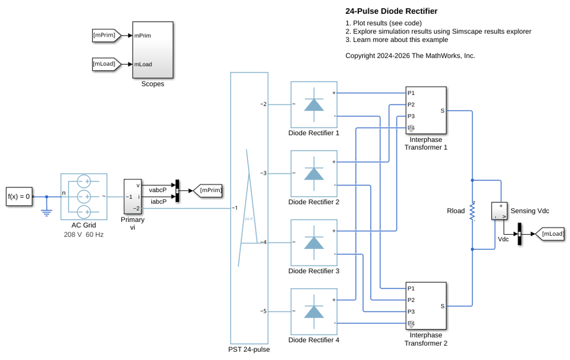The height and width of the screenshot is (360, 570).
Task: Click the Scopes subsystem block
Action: coord(152,50)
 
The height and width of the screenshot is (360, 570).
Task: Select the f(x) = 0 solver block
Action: coord(19,197)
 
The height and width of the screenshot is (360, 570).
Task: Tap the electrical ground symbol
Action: coord(47,212)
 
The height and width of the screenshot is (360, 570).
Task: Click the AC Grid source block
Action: coord(83,197)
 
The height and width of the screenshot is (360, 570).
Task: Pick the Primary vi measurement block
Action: coord(133,197)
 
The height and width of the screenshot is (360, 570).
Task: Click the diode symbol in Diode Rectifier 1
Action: coord(313,105)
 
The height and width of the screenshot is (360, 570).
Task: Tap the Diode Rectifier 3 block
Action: coord(313,243)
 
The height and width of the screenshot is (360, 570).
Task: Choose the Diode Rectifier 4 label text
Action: coord(313,340)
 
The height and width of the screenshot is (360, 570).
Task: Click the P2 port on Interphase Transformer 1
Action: coord(411,105)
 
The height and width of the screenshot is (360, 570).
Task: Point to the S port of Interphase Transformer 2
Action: coord(442,306)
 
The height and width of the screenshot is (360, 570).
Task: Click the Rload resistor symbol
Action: coord(472,211)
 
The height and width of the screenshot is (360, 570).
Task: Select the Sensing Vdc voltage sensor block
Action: coord(499,211)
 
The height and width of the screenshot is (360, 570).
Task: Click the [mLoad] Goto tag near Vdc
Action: coord(550,234)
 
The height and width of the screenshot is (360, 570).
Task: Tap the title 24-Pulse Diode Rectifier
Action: coord(391,12)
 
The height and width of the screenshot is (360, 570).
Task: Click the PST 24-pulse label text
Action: coord(249,350)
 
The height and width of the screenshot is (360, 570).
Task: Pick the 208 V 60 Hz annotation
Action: coord(83,235)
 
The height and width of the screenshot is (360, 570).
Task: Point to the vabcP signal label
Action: coord(158,190)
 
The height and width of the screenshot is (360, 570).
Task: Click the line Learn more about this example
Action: coord(397,40)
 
